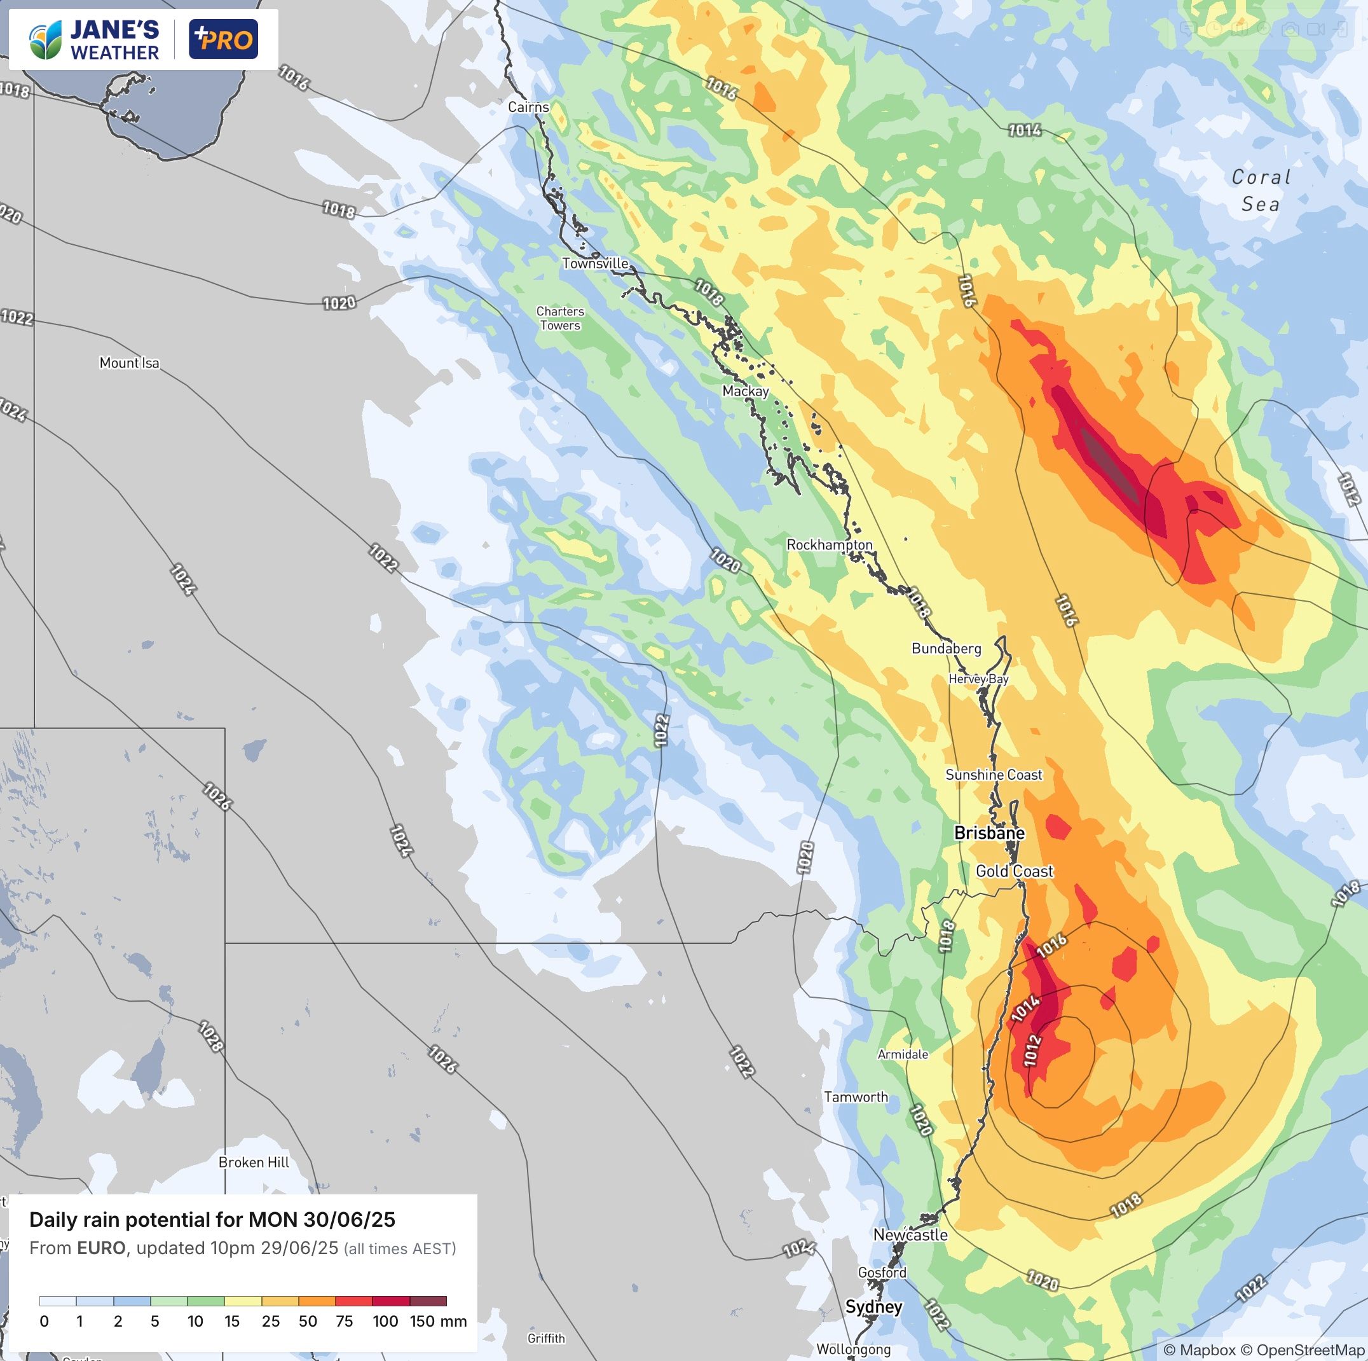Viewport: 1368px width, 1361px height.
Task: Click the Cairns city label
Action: point(528,107)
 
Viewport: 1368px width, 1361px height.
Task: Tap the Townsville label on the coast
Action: point(595,263)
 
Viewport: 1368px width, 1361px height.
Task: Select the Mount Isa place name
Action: point(129,363)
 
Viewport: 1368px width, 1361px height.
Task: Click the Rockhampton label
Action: point(829,545)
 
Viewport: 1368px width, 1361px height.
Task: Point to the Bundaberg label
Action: point(946,648)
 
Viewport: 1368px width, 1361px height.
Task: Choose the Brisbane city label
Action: point(989,833)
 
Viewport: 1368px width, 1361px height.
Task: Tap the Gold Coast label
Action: point(1014,871)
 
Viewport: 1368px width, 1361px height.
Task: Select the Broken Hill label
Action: point(254,1162)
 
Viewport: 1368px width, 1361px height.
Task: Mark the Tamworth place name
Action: point(856,1096)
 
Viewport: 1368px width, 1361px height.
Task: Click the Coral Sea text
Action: point(1261,191)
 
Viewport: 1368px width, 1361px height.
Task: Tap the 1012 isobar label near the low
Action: point(1032,1051)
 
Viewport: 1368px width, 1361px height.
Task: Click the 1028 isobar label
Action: point(210,1036)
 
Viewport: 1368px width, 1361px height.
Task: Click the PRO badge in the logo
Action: point(223,39)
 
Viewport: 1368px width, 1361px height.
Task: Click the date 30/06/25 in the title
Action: point(349,1219)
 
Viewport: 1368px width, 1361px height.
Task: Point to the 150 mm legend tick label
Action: point(437,1321)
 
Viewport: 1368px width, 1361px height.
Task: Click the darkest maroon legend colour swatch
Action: point(428,1301)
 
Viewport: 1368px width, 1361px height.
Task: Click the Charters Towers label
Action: point(559,318)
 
